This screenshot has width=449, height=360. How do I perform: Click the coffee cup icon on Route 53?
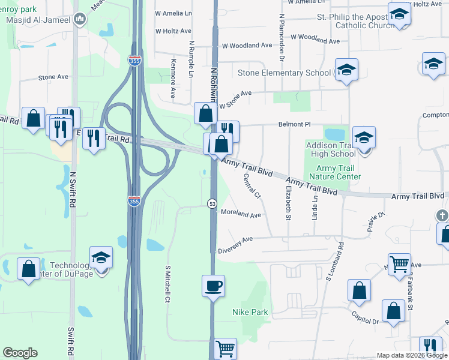(x=213, y=284)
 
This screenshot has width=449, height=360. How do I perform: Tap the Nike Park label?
(x=250, y=313)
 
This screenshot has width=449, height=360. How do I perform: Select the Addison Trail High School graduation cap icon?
(x=364, y=137)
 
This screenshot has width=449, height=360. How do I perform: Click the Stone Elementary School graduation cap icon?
(x=346, y=70)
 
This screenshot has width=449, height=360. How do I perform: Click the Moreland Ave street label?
(x=241, y=214)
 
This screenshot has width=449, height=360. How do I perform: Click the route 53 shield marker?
(x=212, y=204)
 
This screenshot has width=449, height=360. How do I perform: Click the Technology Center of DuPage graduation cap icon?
(x=101, y=258)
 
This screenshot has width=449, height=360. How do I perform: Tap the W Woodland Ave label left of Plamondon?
(x=247, y=46)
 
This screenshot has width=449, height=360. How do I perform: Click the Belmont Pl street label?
(x=294, y=124)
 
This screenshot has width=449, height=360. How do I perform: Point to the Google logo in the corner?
(x=20, y=353)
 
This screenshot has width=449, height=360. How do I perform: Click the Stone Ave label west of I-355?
(x=53, y=77)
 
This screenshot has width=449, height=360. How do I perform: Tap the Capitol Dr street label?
(x=367, y=320)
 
